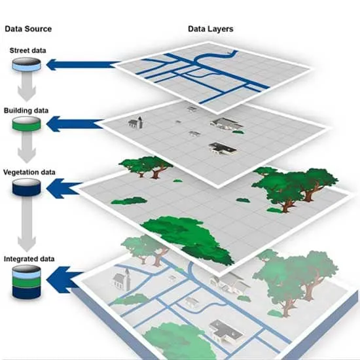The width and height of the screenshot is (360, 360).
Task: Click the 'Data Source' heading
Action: (x=28, y=29)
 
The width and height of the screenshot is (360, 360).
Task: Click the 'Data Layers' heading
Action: (x=211, y=29)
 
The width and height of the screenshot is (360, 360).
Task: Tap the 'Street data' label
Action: (x=27, y=50)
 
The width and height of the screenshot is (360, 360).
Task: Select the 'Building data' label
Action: (x=26, y=111)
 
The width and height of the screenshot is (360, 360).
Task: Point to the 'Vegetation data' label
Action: (x=29, y=172)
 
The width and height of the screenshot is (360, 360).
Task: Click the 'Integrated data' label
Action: (x=29, y=259)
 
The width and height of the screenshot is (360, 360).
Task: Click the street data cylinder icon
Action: (x=27, y=64)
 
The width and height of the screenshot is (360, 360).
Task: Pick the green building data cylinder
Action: (x=27, y=124)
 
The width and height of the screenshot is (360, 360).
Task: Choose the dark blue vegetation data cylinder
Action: (x=27, y=187)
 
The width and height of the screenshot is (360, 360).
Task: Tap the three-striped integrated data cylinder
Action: (x=27, y=282)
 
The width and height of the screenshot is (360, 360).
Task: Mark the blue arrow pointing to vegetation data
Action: (x=64, y=189)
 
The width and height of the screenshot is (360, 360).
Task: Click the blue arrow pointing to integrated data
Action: (x=65, y=280)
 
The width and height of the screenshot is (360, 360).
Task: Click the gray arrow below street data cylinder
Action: (x=27, y=86)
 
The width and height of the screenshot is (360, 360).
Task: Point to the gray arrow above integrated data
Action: (x=27, y=224)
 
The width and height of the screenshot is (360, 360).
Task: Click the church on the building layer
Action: (x=135, y=122)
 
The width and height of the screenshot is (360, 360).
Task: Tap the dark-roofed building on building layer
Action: (x=223, y=149)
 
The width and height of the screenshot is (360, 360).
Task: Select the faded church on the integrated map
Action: (x=122, y=279)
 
